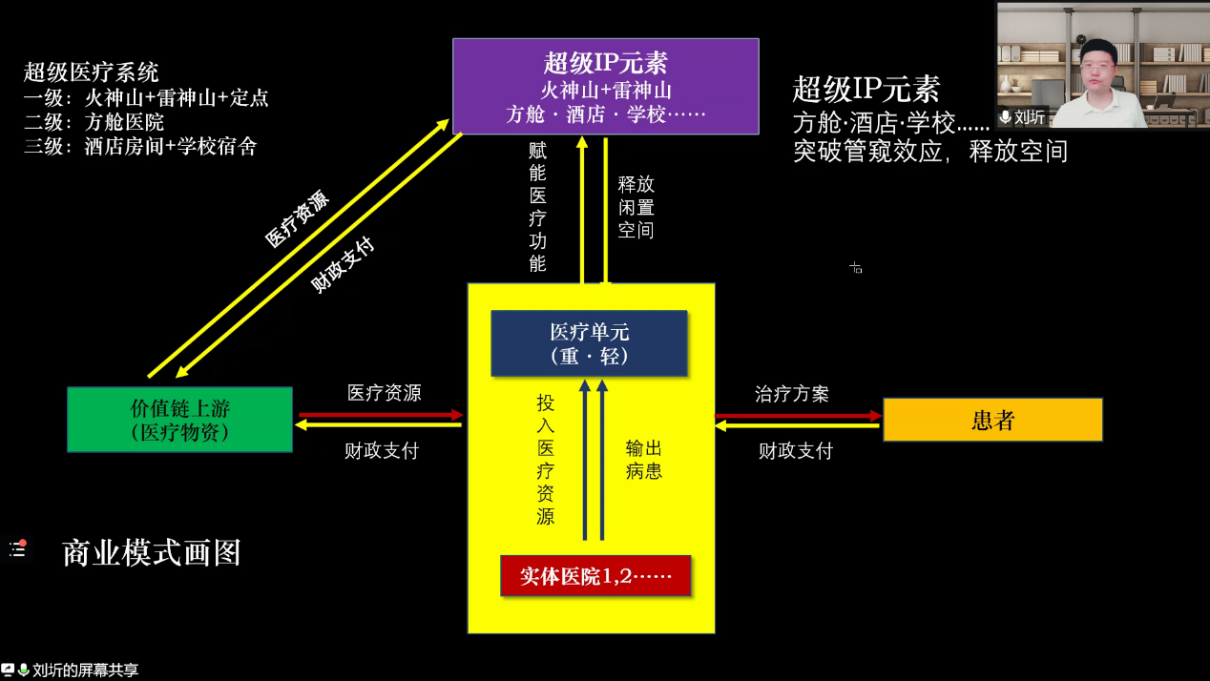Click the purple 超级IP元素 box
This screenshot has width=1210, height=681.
coord(605,86)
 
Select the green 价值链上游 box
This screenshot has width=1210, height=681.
coord(179,419)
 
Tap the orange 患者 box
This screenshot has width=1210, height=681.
coord(992,420)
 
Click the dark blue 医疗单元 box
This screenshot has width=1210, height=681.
coord(589,343)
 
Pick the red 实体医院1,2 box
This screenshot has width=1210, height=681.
coord(595,576)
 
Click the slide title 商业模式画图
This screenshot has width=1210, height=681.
coord(151,553)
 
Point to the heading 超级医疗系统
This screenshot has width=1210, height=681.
coord(92,72)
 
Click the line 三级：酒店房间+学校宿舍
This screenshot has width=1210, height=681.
coord(140,147)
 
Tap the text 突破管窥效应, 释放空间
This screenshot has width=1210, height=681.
coord(930,151)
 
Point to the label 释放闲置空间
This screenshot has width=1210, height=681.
coord(636,206)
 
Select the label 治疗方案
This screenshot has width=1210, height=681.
coord(792,394)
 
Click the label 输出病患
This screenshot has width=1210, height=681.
coord(644,459)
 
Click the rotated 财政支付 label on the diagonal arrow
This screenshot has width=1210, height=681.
coord(344,265)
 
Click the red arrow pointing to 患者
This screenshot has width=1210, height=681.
coord(798,415)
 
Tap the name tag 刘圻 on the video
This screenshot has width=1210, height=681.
coord(1029,117)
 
